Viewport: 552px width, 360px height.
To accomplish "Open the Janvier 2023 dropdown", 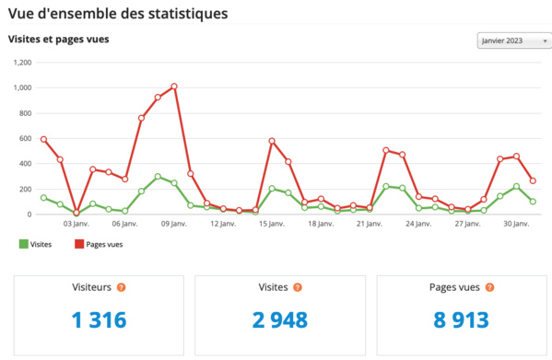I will pos(513,41).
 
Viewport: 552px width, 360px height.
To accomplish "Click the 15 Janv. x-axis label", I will pos(271,224).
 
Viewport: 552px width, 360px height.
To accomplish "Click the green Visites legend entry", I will pos(35,244).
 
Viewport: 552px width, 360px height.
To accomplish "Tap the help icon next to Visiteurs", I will pos(121,287).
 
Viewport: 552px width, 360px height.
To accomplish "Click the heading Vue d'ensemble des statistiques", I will pos(118,14).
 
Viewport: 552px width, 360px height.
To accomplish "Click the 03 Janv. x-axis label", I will pos(75,224).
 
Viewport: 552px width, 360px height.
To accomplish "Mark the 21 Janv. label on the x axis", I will pos(369,224).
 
